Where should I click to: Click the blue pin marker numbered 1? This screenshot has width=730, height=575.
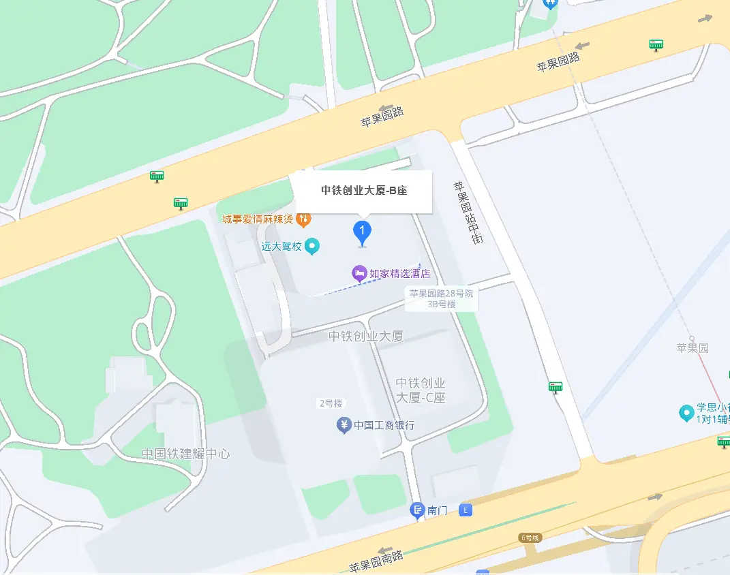tap(362, 232)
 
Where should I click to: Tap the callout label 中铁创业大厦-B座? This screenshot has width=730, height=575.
tap(364, 191)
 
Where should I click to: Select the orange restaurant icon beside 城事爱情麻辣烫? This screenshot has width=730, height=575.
tap(304, 219)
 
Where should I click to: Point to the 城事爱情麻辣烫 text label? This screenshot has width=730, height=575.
tap(258, 219)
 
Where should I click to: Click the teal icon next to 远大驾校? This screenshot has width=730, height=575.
tap(311, 246)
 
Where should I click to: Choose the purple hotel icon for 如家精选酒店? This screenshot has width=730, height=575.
tap(359, 274)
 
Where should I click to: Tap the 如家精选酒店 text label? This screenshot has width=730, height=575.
tap(400, 274)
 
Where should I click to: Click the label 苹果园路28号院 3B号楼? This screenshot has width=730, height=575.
tap(441, 299)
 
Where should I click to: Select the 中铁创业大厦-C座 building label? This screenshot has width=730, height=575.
tap(421, 390)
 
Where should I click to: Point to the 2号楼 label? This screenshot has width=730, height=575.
tap(331, 403)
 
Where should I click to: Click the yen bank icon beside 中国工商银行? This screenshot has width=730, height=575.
tap(344, 426)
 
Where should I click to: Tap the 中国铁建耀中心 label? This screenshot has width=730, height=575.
tap(185, 454)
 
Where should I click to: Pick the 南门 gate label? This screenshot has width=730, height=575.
tap(437, 510)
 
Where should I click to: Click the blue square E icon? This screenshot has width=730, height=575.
tap(466, 510)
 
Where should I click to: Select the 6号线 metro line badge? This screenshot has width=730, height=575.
tap(530, 538)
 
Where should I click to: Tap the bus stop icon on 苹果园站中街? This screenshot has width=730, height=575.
tap(556, 388)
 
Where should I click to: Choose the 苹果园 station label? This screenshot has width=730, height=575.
tap(693, 348)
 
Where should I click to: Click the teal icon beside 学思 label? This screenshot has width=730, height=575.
tap(686, 413)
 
